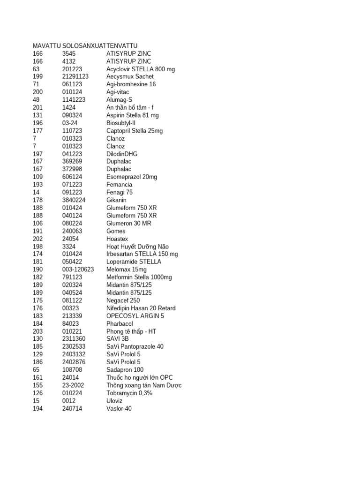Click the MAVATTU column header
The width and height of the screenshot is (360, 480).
tap(46, 45)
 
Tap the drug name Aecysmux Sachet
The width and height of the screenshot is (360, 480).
tap(130, 76)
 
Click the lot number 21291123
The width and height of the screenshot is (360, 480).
tap(75, 76)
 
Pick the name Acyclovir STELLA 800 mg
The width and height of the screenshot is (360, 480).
tap(141, 69)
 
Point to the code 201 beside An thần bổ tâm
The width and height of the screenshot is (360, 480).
tap(37, 107)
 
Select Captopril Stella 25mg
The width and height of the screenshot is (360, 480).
tap(135, 131)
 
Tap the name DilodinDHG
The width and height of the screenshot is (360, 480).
tap(122, 154)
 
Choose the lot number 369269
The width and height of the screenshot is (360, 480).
tap(72, 161)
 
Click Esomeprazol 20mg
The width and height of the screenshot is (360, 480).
tap(132, 177)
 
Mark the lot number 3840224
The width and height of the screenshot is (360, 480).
tap(74, 200)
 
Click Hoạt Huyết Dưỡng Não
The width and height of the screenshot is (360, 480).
tap(137, 247)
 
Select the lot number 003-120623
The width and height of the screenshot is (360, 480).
tap(78, 270)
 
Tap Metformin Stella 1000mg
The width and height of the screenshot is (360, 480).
tap(139, 277)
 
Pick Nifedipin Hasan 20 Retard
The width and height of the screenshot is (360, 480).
tap(141, 308)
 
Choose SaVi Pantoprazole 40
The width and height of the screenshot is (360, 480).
tap(135, 346)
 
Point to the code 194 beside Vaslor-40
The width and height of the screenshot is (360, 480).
tap(37, 408)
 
